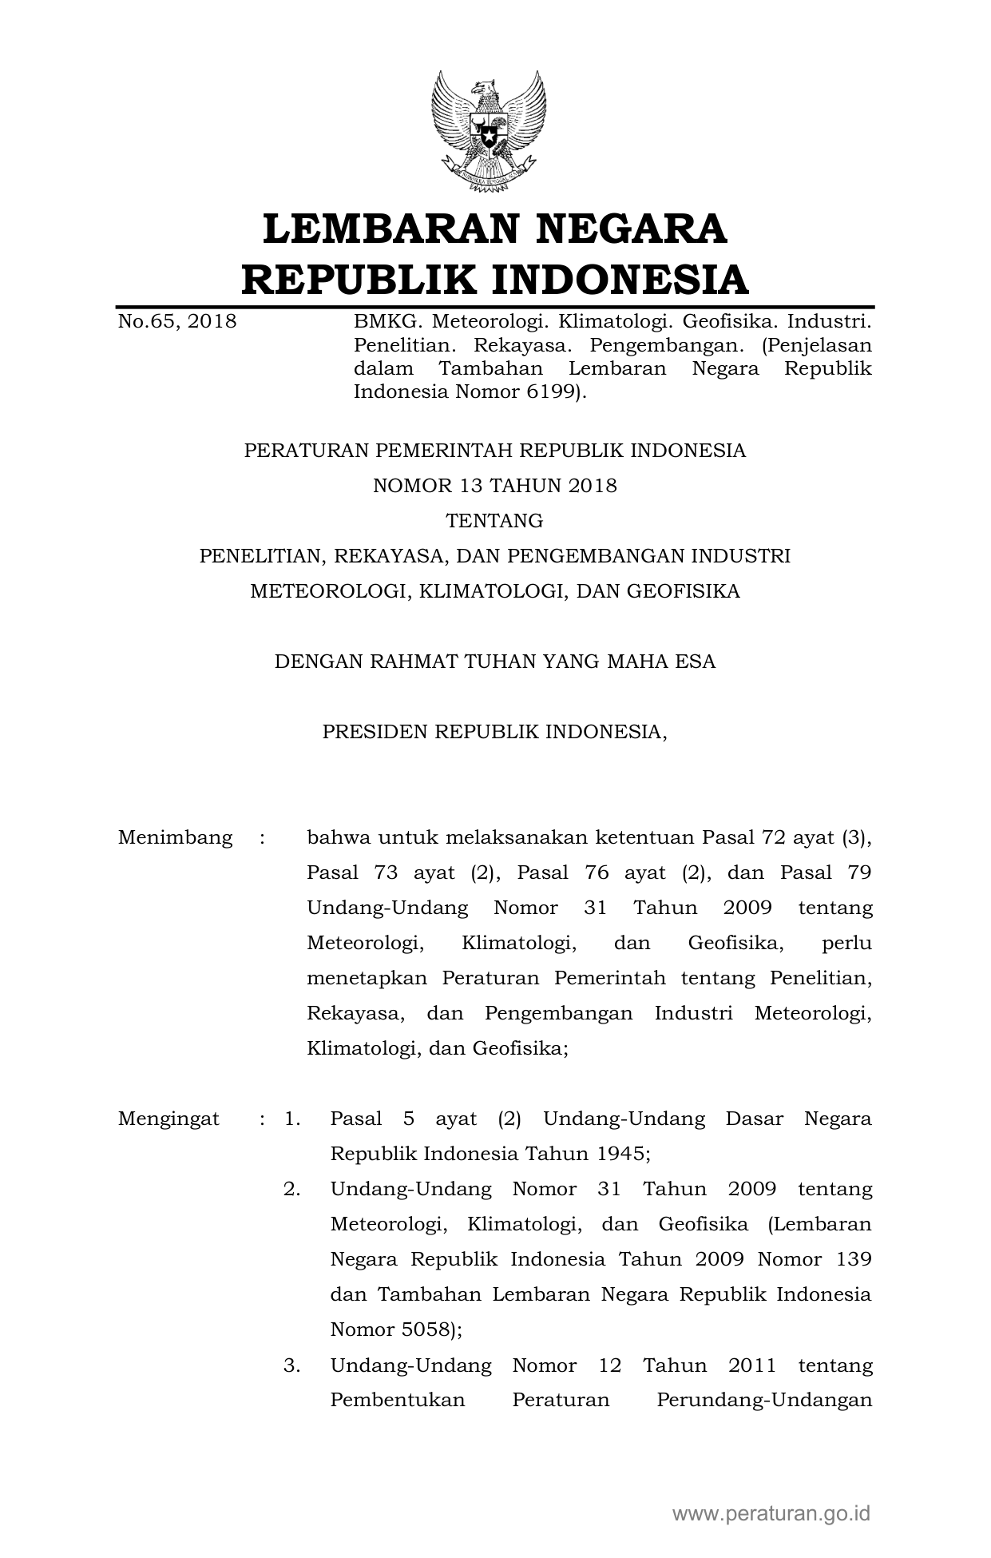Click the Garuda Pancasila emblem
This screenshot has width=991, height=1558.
pyautogui.click(x=489, y=132)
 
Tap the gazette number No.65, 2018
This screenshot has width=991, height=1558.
pyautogui.click(x=177, y=322)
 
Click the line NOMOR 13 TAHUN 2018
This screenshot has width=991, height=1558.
pyautogui.click(x=495, y=486)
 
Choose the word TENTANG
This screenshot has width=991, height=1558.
pyautogui.click(x=495, y=521)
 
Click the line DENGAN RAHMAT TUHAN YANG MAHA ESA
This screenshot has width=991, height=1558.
pyautogui.click(x=495, y=662)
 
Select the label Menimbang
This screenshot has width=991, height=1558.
pyautogui.click(x=176, y=837)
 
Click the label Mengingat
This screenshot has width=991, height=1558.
pyautogui.click(x=168, y=1119)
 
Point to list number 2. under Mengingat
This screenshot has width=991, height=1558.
pyautogui.click(x=291, y=1189)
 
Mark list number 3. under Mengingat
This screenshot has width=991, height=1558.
pyautogui.click(x=291, y=1365)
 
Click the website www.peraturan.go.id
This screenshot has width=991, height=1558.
pyautogui.click(x=771, y=1512)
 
